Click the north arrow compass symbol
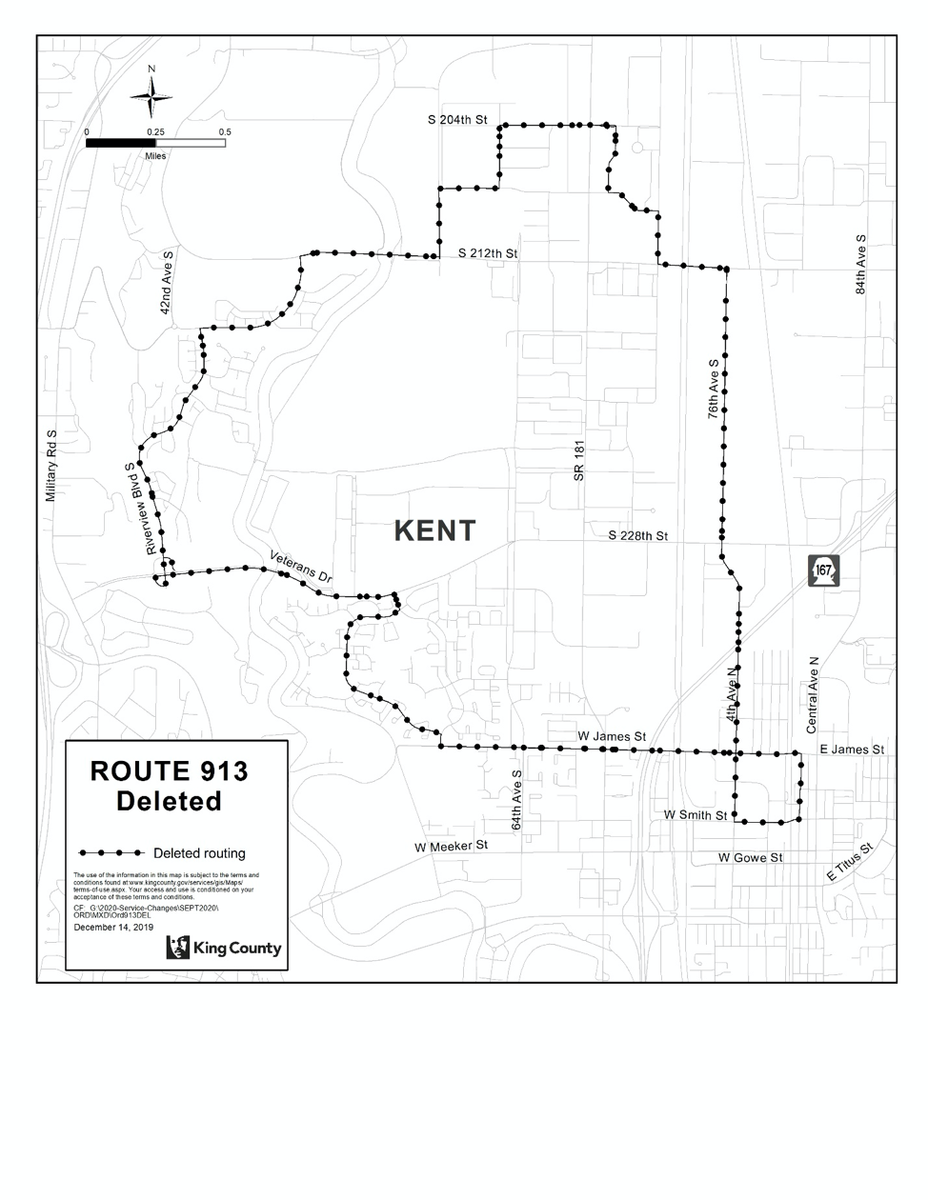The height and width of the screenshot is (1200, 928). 151,95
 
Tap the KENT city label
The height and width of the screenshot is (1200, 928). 434,531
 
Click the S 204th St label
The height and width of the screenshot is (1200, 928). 457,121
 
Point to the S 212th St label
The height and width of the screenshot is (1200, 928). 488,254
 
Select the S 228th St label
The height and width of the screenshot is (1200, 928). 638,536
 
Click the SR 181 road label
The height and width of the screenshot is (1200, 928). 578,461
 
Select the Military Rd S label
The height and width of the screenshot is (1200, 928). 52,466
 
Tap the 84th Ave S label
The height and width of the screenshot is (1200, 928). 860,264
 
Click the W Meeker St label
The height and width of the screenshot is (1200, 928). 451,846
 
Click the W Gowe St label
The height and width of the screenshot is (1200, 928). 750,858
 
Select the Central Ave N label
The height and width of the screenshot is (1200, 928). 813,693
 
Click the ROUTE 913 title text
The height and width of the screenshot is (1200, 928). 169,771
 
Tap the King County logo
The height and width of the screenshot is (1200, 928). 224,948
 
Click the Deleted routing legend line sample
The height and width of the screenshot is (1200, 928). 111,852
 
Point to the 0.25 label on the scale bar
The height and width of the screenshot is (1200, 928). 156,132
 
